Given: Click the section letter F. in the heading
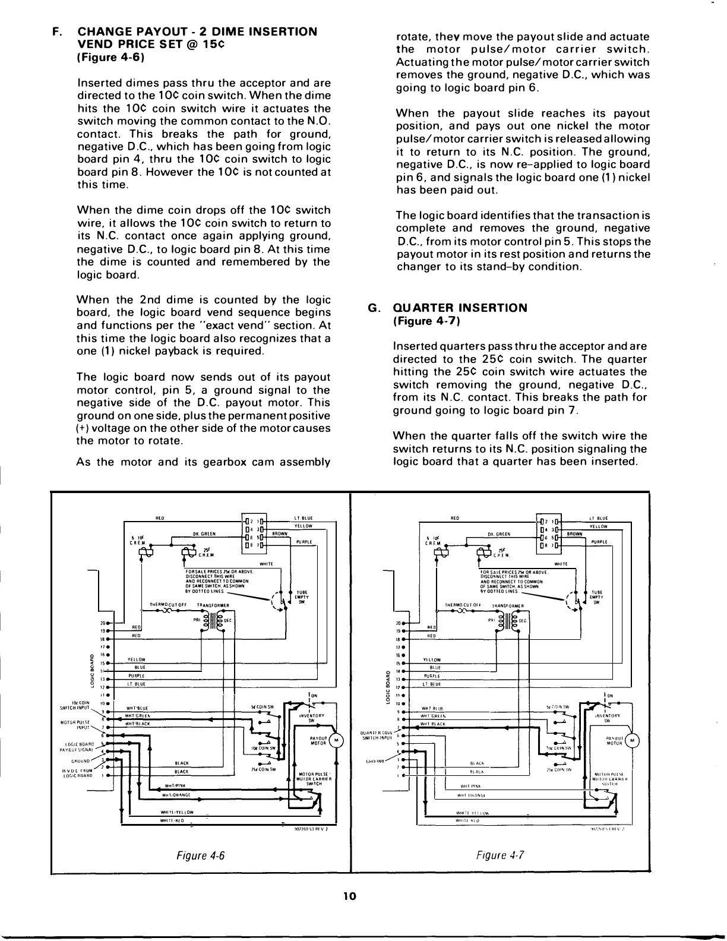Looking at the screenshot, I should tap(57, 31).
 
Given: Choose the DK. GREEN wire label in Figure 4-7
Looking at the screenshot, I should tap(500, 534).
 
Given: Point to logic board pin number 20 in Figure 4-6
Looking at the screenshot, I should tap(103, 623).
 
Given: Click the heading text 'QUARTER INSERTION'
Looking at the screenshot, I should tap(460, 308).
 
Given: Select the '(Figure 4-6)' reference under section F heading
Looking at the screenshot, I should tap(112, 58).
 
